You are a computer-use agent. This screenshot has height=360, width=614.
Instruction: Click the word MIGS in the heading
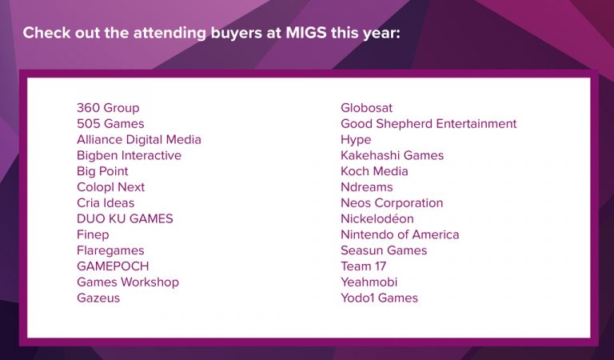[x=306, y=33]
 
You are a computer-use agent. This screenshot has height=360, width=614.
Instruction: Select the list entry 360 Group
[x=108, y=108]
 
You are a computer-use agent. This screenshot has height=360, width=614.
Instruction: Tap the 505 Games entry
[x=110, y=124]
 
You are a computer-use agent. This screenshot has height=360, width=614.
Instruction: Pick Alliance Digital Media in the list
[x=139, y=139]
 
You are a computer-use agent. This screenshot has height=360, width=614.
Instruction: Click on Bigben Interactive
[x=130, y=155]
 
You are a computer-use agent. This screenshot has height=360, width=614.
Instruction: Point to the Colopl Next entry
[x=111, y=187]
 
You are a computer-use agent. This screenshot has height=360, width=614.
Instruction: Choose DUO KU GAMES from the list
[x=125, y=218]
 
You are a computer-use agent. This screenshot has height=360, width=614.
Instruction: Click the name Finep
[x=93, y=234]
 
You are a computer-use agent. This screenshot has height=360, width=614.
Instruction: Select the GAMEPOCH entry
[x=113, y=266]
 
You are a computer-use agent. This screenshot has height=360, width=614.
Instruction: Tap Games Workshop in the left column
[x=128, y=282]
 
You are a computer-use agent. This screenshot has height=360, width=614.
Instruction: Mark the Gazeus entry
[x=98, y=298]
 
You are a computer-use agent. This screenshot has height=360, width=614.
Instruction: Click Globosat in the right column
[x=366, y=108]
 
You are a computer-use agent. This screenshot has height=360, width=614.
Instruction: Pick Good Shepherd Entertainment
[x=429, y=124]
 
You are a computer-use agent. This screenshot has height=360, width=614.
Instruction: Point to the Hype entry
[x=356, y=140]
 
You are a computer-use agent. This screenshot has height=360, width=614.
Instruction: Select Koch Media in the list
[x=374, y=171]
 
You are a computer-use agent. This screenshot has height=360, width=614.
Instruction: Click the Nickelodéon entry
[x=377, y=218]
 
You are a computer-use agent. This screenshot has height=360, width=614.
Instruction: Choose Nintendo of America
[x=400, y=234]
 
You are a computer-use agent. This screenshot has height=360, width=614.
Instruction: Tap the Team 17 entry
[x=364, y=266]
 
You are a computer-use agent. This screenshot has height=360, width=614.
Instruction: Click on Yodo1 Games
[x=380, y=298]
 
